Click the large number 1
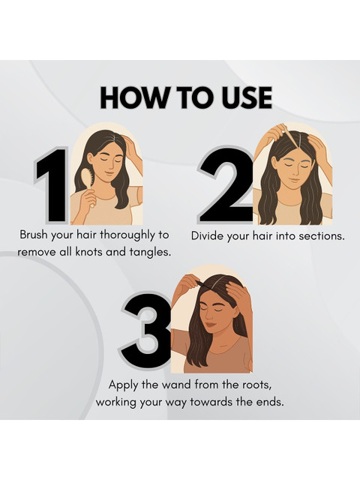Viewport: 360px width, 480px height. coord(52,184)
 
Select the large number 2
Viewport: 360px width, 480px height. coord(227,184)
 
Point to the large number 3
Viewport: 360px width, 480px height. coord(147,328)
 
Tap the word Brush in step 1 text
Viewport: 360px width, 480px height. coord(33,235)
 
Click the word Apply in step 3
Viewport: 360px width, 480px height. coord(123,385)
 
